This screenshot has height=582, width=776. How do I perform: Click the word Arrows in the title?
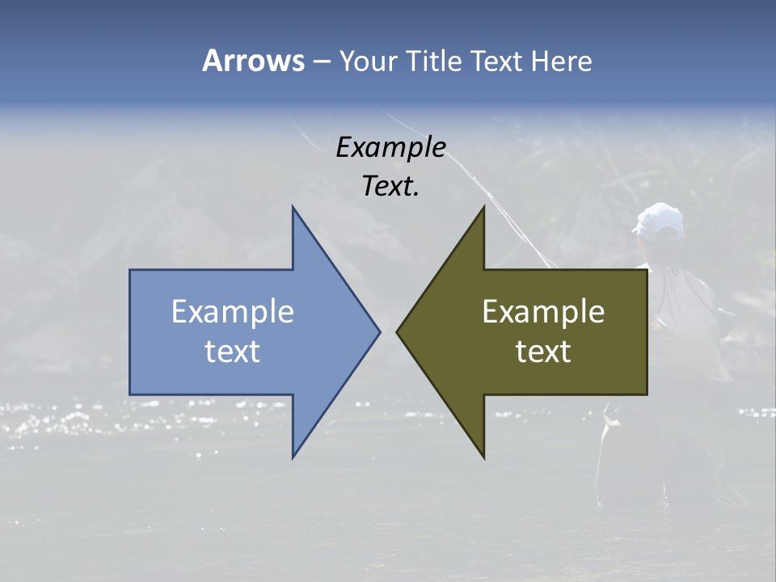click(x=253, y=61)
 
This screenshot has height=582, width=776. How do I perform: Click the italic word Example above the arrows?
click(x=390, y=147)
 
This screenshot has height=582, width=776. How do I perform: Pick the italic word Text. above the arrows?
click(x=390, y=187)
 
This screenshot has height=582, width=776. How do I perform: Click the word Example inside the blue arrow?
click(x=232, y=311)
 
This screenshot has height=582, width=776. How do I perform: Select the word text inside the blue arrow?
click(x=232, y=352)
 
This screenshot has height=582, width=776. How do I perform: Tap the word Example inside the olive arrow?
click(x=543, y=311)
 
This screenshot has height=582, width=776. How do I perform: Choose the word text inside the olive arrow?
click(x=543, y=352)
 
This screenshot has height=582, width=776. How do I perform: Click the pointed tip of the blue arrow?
click(x=378, y=331)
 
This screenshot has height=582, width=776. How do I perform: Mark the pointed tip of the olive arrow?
click(x=398, y=331)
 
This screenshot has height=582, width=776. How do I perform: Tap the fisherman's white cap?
click(x=660, y=220)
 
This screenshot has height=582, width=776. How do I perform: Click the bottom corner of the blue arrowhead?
click(x=293, y=457)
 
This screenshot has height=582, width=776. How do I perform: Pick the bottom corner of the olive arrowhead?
click(x=483, y=457)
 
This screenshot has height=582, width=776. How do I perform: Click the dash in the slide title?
click(x=321, y=61)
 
